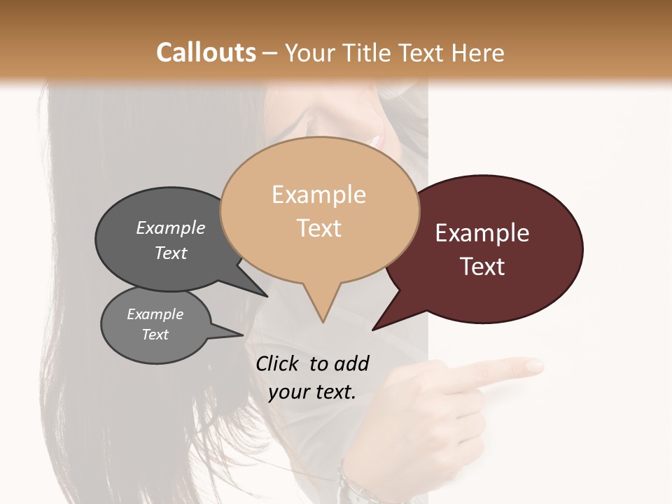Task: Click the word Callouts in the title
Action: (206, 52)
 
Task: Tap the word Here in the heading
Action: (476, 52)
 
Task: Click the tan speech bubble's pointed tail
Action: (321, 311)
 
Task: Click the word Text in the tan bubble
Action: (318, 227)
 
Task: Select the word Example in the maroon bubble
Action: (482, 232)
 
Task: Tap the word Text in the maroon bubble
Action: (482, 266)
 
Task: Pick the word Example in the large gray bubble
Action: (170, 227)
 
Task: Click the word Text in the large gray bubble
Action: (170, 253)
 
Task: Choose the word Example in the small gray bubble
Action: (155, 314)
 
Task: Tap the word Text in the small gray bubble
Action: (155, 335)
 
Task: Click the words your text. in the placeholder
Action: (311, 392)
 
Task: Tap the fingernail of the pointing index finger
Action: (535, 365)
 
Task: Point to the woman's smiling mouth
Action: (378, 138)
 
